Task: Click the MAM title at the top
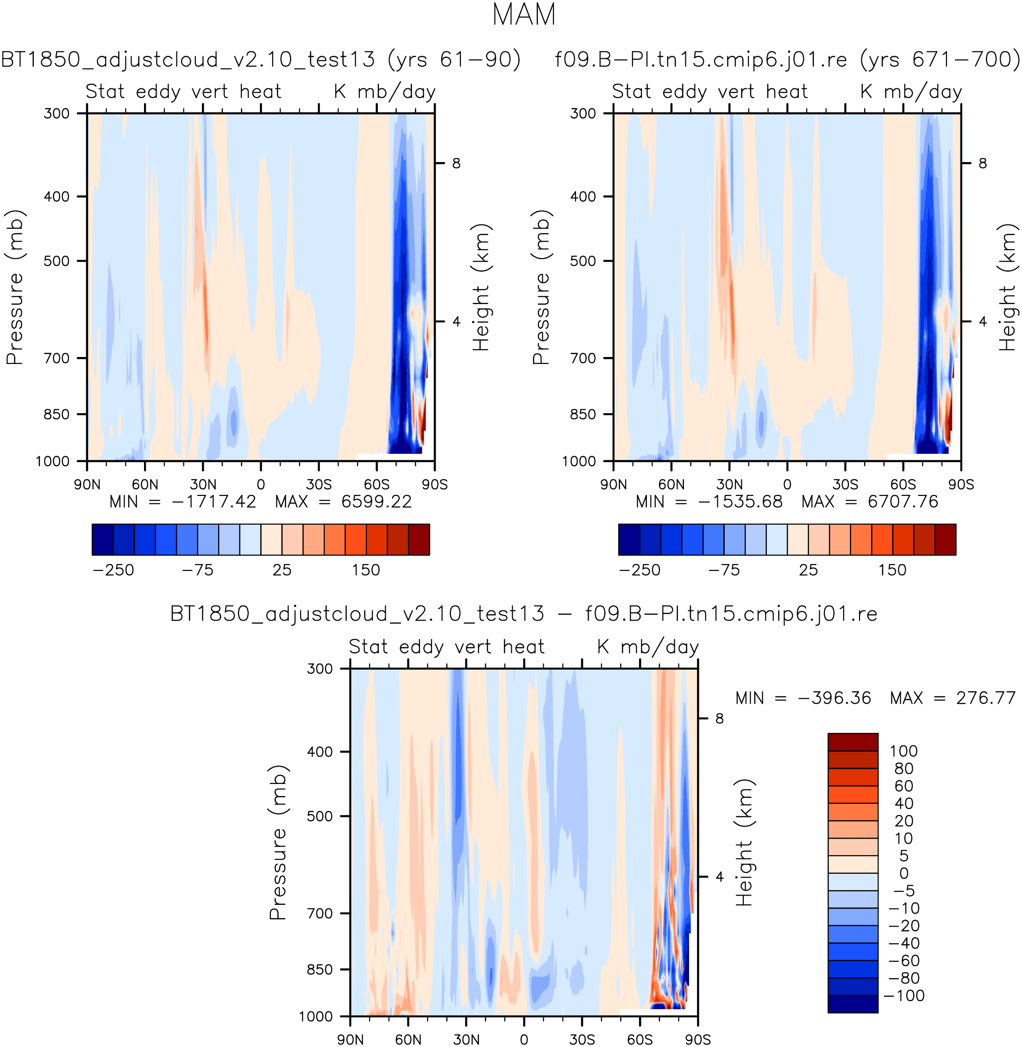[x=523, y=14]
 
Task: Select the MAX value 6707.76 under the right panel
[x=903, y=502]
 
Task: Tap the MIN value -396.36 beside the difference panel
[x=834, y=698]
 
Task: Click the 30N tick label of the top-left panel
[x=203, y=484]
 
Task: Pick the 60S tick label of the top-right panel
[x=903, y=484]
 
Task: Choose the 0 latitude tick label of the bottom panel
[x=524, y=1040]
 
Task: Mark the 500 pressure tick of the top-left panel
[x=57, y=261]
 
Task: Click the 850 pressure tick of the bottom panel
[x=320, y=970]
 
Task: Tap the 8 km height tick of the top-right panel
[x=983, y=163]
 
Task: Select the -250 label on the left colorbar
[x=113, y=570]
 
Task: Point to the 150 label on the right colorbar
[x=892, y=570]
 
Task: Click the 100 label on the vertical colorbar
[x=903, y=751]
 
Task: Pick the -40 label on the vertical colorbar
[x=903, y=943]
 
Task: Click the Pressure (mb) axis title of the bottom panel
[x=278, y=842]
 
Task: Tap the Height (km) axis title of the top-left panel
[x=482, y=287]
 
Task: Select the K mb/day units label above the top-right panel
[x=911, y=92]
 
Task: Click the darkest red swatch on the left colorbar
[x=419, y=539]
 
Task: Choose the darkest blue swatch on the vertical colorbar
[x=853, y=1004]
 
